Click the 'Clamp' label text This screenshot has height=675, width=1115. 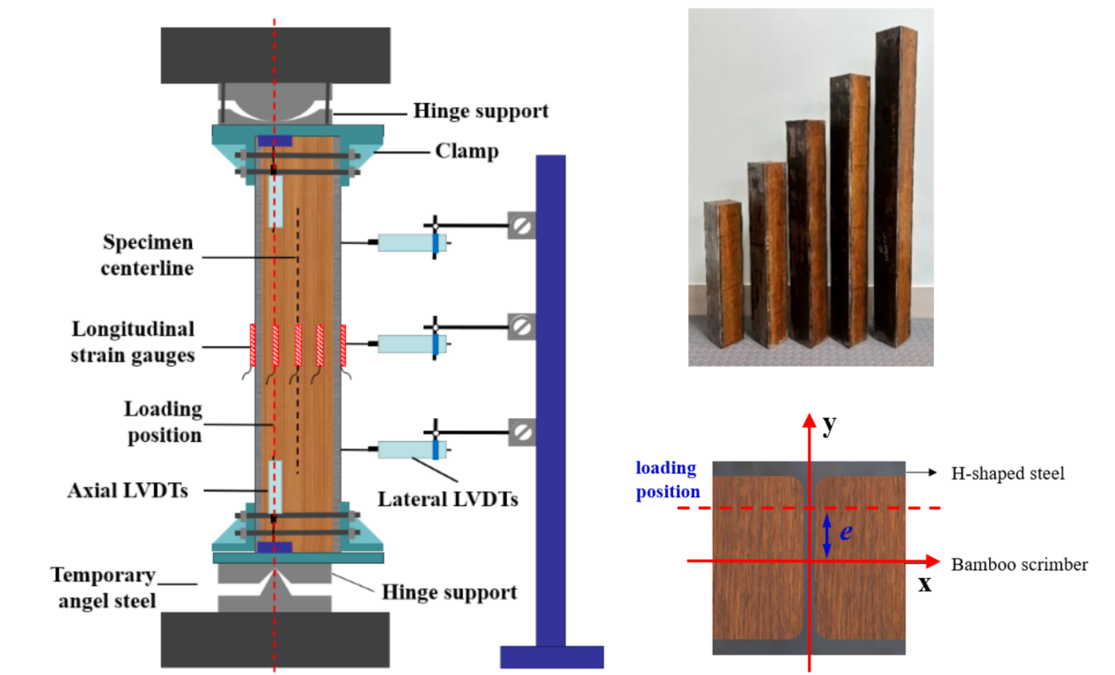[466, 151]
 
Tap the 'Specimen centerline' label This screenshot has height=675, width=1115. [148, 254]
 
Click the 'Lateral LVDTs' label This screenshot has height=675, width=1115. [447, 499]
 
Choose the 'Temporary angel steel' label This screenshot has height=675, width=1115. [103, 588]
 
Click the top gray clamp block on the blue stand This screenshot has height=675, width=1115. [521, 225]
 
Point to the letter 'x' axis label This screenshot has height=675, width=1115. [925, 583]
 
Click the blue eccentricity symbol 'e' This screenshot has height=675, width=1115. [845, 532]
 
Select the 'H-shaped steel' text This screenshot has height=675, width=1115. [1008, 473]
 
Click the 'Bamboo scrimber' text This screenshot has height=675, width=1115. [1019, 564]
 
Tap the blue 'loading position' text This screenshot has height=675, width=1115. [666, 480]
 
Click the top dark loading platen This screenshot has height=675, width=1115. [275, 55]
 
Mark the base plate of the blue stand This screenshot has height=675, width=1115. [552, 657]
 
